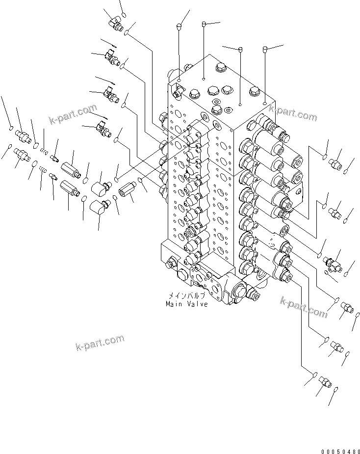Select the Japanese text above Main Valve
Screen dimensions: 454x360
click(x=186, y=296)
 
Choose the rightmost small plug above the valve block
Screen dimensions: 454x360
click(x=265, y=49)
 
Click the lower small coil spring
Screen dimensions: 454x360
click(x=43, y=170)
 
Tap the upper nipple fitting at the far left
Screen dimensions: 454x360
click(x=22, y=134)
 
